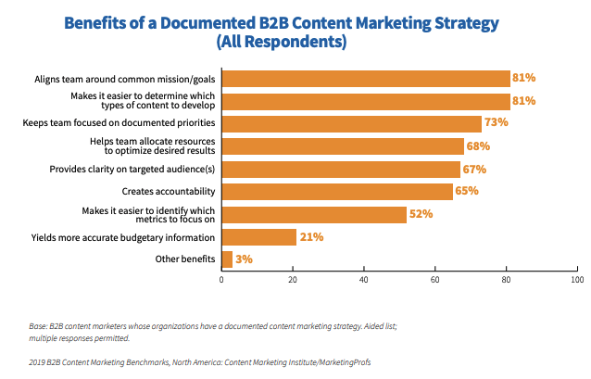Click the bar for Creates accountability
(337, 192)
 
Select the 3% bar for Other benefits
(227, 259)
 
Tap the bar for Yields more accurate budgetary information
(259, 237)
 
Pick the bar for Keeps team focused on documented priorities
(352, 124)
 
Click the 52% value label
(421, 214)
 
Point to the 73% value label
(496, 122)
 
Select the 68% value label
(478, 145)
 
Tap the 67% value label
(474, 170)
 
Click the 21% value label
(311, 237)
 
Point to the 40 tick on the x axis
(364, 268)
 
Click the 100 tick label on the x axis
(577, 280)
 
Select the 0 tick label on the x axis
(221, 280)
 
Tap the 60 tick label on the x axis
(435, 280)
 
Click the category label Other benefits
(185, 259)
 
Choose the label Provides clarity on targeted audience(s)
(132, 170)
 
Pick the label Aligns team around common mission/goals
(125, 80)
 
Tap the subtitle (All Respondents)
(282, 42)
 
